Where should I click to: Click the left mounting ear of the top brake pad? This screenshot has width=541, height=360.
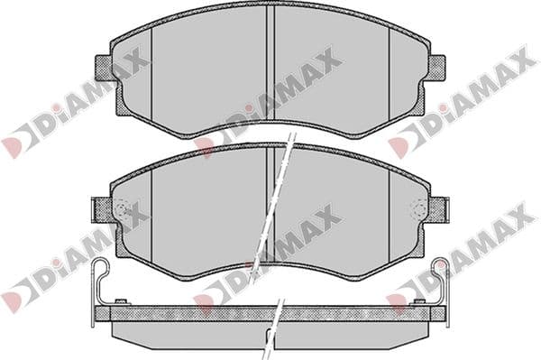tap(103, 68)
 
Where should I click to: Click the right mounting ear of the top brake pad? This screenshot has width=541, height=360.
tap(436, 68)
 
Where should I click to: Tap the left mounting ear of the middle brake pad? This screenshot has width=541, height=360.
tap(102, 208)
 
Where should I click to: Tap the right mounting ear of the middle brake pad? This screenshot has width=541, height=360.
tap(439, 208)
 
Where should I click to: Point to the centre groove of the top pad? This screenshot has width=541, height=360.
tap(270, 64)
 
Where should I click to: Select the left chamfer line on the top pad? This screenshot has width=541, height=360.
tap(151, 75)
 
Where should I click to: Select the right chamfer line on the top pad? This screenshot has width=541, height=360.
tap(390, 75)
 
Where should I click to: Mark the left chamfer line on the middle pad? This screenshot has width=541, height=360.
tap(151, 217)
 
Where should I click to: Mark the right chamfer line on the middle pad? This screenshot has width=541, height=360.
tap(390, 217)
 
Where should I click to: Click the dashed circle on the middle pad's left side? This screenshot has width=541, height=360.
tap(122, 208)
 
